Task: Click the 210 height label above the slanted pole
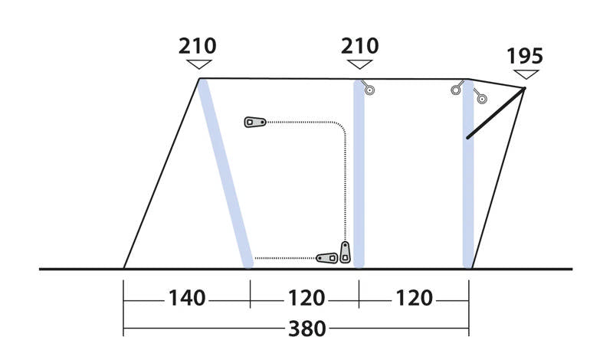pos(198,46)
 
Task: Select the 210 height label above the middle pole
pos(359,46)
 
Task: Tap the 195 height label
pos(525,56)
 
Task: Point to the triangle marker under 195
pos(526,74)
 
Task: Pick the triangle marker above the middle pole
pos(359,65)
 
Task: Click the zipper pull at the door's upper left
pos(254,122)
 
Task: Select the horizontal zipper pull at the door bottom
pos(327,257)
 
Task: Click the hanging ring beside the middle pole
pos(369,90)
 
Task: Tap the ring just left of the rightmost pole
pos(457,90)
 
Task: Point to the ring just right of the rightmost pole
pos(480,97)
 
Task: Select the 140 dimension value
pos(188,298)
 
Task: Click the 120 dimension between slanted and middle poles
pos(306,298)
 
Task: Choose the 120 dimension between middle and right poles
pos(414,298)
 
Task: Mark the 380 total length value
pos(306,329)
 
